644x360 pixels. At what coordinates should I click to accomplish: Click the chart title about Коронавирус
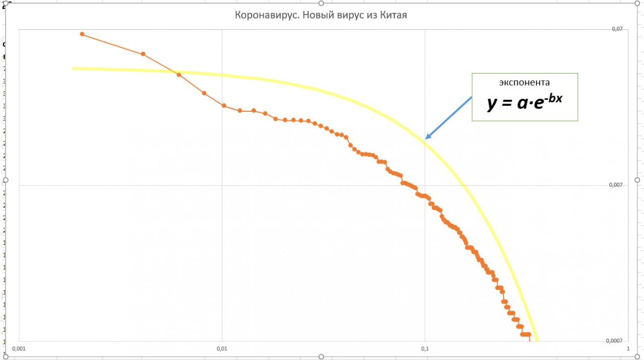click(321, 15)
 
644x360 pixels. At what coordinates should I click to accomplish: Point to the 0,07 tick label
click(617, 29)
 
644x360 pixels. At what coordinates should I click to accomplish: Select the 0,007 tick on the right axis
click(616, 185)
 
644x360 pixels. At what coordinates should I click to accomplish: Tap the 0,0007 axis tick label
click(614, 341)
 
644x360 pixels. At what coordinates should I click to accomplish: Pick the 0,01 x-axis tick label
click(222, 348)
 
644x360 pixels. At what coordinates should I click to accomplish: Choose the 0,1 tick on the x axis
click(425, 348)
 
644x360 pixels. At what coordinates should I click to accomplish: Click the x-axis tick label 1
click(627, 348)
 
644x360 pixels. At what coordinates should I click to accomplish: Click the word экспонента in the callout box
click(524, 82)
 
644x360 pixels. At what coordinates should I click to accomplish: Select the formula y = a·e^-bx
click(524, 102)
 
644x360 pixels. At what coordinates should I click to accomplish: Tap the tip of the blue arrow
click(426, 138)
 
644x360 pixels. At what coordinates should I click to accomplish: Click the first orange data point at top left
click(82, 34)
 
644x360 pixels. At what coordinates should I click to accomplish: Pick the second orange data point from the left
click(143, 54)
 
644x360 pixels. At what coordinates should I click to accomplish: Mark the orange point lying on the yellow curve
click(179, 75)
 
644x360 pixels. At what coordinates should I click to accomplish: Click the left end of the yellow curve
click(73, 68)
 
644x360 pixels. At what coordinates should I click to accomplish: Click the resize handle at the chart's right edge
click(637, 180)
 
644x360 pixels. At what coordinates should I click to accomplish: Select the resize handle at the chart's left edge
click(6, 180)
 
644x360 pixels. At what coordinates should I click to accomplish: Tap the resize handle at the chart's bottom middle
click(321, 357)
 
